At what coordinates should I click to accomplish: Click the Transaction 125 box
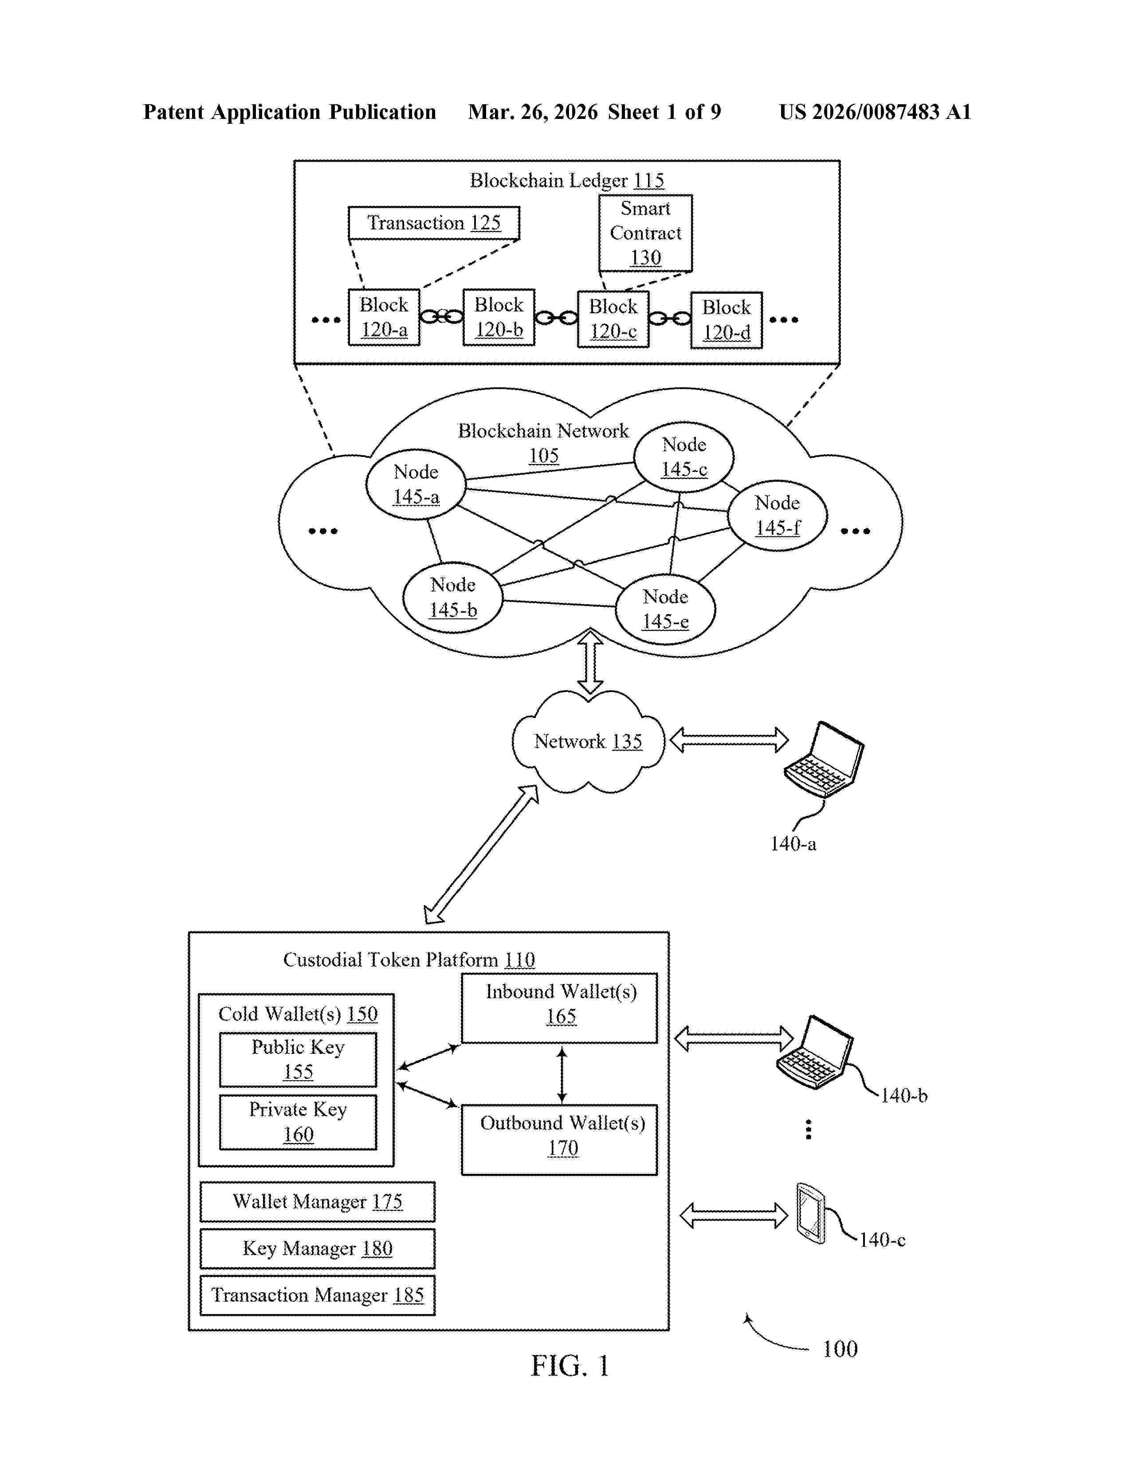tap(433, 223)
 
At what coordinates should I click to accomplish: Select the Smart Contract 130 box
tap(645, 232)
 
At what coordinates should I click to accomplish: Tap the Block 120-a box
tap(384, 317)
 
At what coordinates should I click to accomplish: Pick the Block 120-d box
tap(727, 320)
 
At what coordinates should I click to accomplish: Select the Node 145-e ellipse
tap(665, 609)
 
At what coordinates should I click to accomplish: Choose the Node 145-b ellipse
tap(453, 597)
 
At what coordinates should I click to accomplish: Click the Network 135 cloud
tap(588, 741)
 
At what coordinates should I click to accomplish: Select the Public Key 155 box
tap(298, 1059)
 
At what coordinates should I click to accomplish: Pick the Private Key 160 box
tap(298, 1122)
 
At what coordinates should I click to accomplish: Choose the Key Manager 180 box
tap(318, 1248)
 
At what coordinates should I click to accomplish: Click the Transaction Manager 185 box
tap(318, 1295)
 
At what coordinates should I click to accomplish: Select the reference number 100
tap(840, 1349)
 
